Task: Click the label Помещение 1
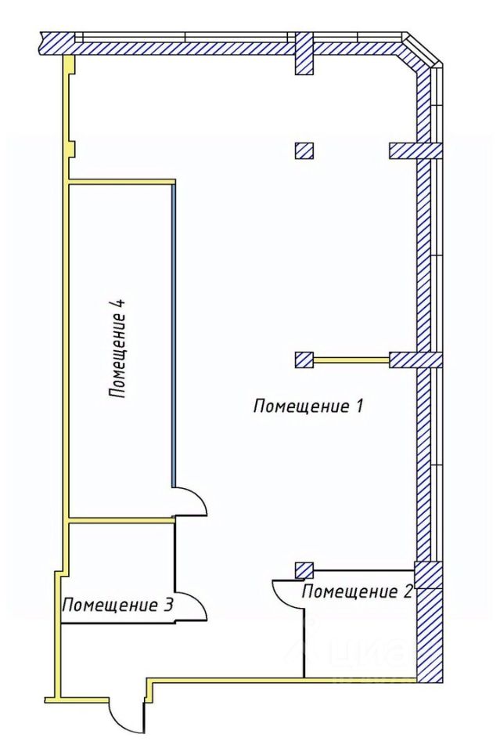click(309, 406)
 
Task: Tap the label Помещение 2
click(357, 591)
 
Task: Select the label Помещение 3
click(118, 605)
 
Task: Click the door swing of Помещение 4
click(192, 501)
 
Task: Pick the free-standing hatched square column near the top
click(304, 150)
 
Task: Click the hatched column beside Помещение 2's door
click(304, 570)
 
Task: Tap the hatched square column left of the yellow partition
click(304, 360)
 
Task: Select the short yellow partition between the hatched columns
click(351, 360)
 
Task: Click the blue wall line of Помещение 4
click(173, 337)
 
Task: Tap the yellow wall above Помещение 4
click(121, 183)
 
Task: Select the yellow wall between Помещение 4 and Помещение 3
click(121, 519)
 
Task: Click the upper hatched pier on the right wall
click(415, 150)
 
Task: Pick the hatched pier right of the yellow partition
click(415, 360)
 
